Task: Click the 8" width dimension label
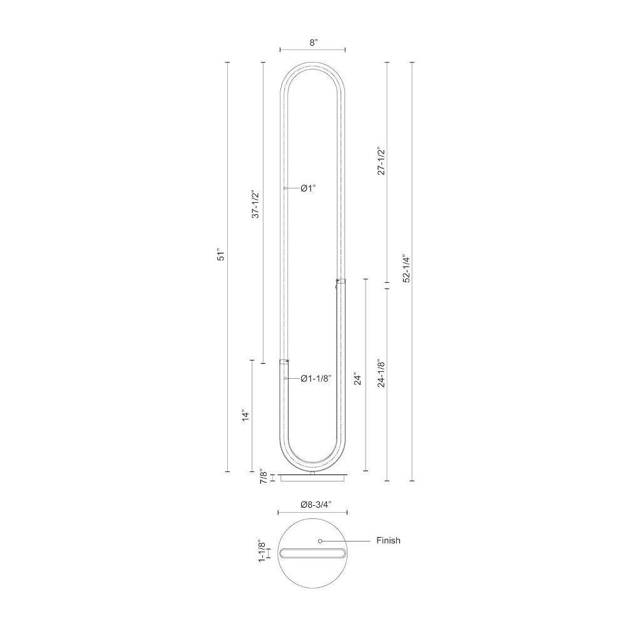click(x=313, y=43)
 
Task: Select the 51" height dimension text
click(x=221, y=256)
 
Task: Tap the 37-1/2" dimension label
click(x=255, y=203)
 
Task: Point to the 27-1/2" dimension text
click(x=381, y=161)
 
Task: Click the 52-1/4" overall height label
click(x=406, y=268)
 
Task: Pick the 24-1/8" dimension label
click(x=381, y=373)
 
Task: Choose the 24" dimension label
click(x=357, y=379)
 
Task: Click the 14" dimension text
click(x=245, y=415)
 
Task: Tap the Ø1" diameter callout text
click(x=308, y=188)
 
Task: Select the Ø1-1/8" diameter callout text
click(x=316, y=379)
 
